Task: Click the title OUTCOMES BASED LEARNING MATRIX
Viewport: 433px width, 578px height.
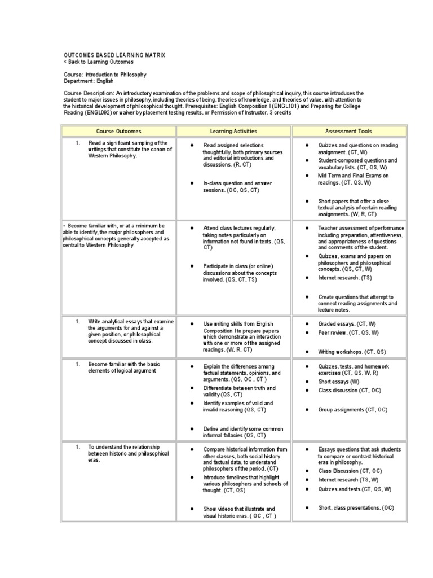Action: (114, 55)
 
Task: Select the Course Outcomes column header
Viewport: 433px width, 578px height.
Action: (118, 131)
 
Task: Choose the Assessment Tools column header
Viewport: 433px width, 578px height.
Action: (348, 131)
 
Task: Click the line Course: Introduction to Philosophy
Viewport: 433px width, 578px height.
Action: (105, 75)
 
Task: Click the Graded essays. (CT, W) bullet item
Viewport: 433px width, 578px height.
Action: (343, 324)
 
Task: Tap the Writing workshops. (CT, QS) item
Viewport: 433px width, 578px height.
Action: (352, 352)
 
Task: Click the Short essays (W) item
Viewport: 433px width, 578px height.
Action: (339, 382)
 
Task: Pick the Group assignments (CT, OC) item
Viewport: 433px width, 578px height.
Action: (352, 409)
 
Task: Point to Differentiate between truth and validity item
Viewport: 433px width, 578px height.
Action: (240, 392)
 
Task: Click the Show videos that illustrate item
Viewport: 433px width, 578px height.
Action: (240, 513)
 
